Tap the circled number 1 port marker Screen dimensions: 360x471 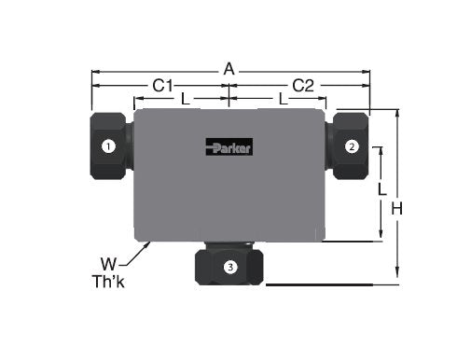(108, 145)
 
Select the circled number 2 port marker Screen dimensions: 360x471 (351, 145)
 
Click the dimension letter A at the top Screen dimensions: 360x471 (229, 68)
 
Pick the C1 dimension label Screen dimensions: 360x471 (163, 85)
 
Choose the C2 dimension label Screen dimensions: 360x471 (302, 85)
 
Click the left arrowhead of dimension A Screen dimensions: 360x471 (92, 71)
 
